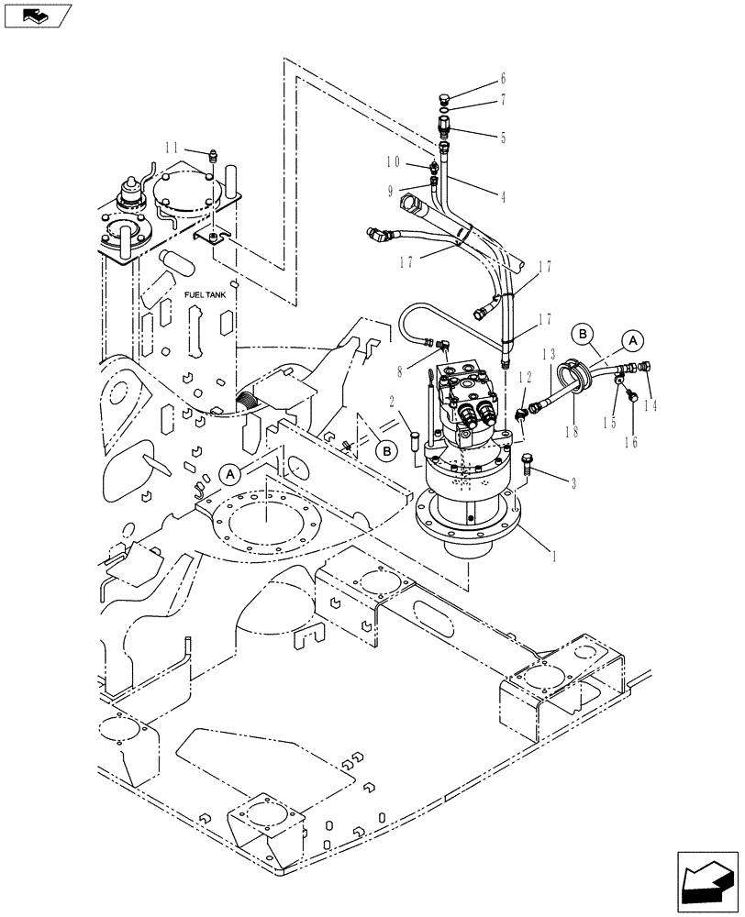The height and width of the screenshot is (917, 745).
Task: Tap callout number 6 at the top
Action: pos(503,80)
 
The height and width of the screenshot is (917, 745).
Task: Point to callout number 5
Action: pos(503,138)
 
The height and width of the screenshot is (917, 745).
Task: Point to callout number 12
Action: pos(524,378)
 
